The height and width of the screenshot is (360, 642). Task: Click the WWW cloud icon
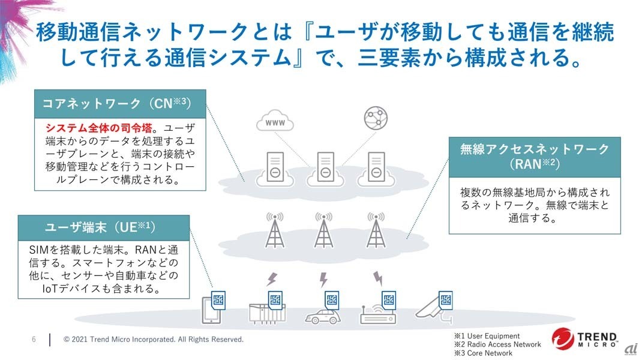point(275,122)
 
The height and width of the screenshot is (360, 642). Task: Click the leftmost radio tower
point(275,230)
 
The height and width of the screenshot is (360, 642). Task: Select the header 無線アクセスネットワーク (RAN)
point(534,155)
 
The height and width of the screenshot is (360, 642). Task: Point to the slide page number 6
point(34,340)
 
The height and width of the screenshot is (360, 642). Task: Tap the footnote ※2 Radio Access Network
point(497,344)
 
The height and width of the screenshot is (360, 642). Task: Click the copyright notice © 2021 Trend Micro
point(154,340)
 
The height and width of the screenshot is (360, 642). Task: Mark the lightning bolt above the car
point(324,279)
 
